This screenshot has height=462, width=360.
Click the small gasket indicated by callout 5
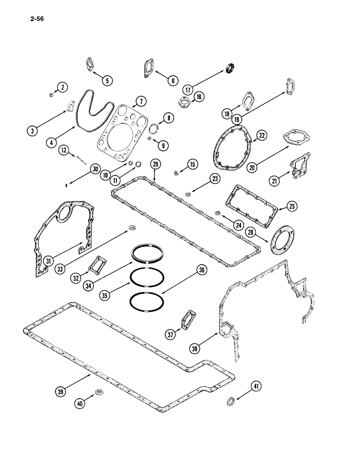[x=90, y=64]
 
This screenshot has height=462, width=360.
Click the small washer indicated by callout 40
[x=98, y=392]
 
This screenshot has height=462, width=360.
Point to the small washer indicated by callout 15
[x=176, y=173]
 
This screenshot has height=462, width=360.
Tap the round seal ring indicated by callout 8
[x=154, y=128]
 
